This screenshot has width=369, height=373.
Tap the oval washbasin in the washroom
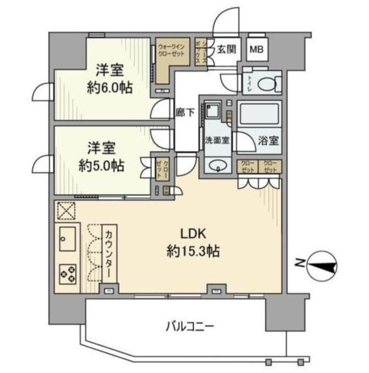point(218,165)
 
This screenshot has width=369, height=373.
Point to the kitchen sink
point(66,239)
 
